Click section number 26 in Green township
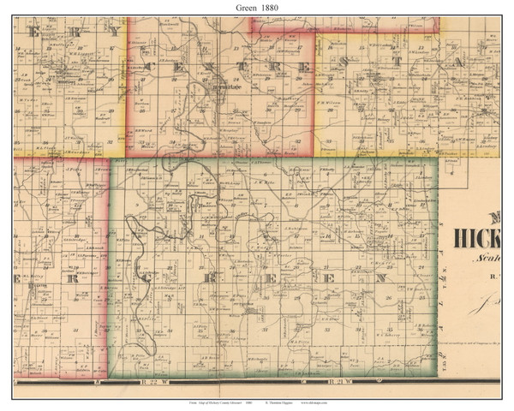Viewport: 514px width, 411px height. pos(387,300)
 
